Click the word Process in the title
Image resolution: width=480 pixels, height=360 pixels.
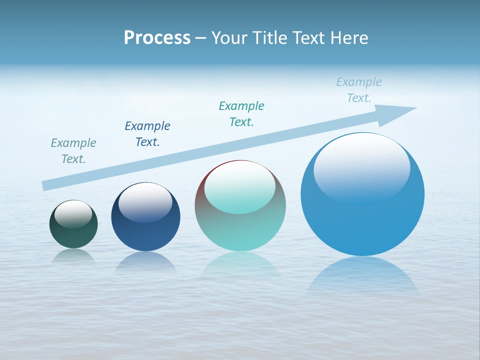(157, 38)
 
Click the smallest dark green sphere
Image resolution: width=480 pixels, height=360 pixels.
(73, 235)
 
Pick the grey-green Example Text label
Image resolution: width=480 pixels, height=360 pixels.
(73, 151)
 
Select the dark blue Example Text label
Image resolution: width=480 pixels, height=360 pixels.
(147, 134)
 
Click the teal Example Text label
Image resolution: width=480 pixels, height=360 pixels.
(241, 114)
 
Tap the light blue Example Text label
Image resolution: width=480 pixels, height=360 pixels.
(359, 90)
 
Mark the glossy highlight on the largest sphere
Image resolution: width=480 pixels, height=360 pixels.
(361, 167)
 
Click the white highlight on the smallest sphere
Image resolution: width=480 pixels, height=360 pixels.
(73, 214)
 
